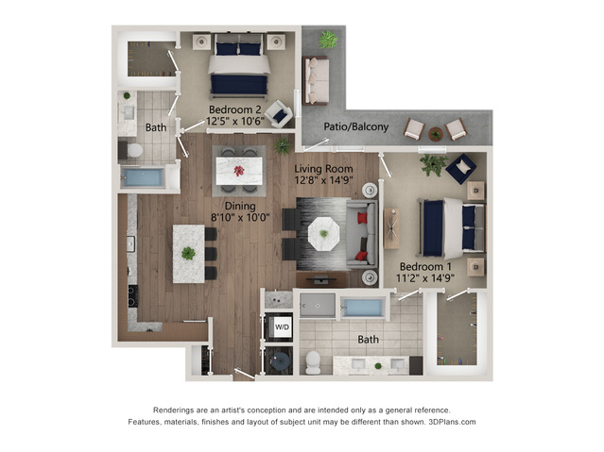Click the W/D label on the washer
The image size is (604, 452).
pos(282,327)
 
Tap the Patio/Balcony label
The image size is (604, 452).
pos(356,126)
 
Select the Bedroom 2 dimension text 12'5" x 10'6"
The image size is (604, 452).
pos(235,121)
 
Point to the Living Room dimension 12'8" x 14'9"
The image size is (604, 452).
pos(323,180)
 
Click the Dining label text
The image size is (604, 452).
pos(240,207)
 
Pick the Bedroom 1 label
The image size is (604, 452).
pos(425,266)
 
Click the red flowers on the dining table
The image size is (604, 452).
pos(239,171)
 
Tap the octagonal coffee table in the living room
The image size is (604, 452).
pos(323,234)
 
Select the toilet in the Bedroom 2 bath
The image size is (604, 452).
pos(134,150)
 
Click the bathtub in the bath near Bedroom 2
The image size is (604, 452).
pos(143,177)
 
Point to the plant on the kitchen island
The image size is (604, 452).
pos(188,253)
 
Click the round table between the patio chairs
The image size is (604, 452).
pos(436,134)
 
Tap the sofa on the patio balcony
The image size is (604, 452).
pos(316,80)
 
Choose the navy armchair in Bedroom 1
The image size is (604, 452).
pos(461,169)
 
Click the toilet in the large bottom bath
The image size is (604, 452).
pos(313,362)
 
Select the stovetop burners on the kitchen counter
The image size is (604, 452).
pos(132,296)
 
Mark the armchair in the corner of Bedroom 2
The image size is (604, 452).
pos(279,114)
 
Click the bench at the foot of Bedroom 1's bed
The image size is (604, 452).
pos(391,228)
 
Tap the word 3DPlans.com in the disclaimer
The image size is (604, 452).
pos(452,422)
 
